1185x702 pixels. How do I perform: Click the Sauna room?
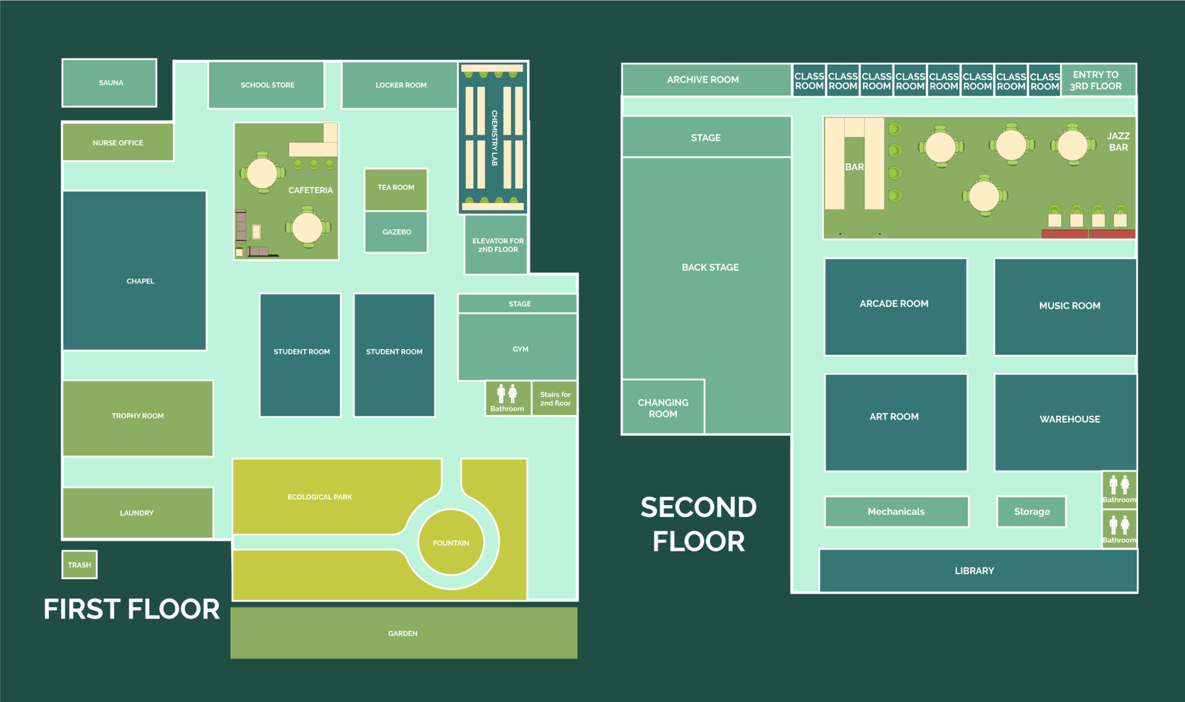pyautogui.click(x=109, y=83)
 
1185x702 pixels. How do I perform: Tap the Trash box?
pyautogui.click(x=80, y=564)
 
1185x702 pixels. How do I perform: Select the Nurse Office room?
pyautogui.click(x=118, y=142)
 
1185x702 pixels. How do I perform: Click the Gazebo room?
pyautogui.click(x=396, y=232)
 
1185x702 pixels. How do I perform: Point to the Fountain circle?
pyautogui.click(x=451, y=542)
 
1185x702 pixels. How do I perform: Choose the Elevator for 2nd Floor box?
pyautogui.click(x=496, y=244)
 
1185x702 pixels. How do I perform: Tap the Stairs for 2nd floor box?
pyautogui.click(x=554, y=398)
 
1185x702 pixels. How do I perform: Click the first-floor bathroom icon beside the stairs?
pyautogui.click(x=507, y=398)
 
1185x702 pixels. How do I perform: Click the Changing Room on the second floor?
pyautogui.click(x=663, y=407)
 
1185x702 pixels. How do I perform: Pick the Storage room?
pyautogui.click(x=1031, y=511)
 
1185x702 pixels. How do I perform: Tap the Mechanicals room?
pyautogui.click(x=896, y=511)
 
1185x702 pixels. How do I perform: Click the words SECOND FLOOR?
pyautogui.click(x=699, y=524)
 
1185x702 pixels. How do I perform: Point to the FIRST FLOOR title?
pyautogui.click(x=131, y=609)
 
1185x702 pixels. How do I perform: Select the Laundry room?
pyautogui.click(x=138, y=512)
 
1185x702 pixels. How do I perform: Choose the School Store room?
pyautogui.click(x=266, y=85)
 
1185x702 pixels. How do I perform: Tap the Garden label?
pyautogui.click(x=403, y=633)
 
